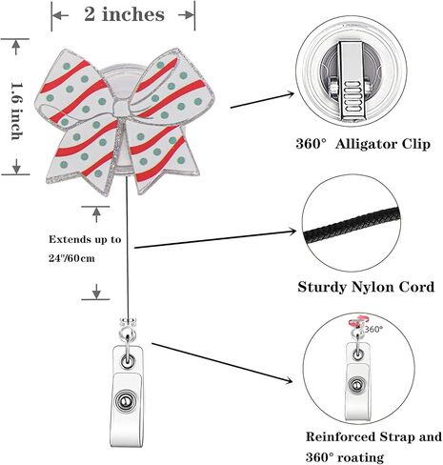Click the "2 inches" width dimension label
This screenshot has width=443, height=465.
[x=124, y=14]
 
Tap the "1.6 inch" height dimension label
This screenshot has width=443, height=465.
[x=17, y=111]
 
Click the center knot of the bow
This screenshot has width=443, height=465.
[x=121, y=109]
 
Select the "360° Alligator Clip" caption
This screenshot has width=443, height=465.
[x=363, y=144]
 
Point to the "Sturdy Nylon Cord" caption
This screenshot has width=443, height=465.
[x=366, y=287]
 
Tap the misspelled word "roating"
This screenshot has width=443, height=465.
[x=360, y=457]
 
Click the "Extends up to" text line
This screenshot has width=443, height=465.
[x=85, y=239]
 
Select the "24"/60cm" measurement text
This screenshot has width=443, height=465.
[x=71, y=258]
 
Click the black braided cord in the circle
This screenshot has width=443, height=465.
[x=351, y=226]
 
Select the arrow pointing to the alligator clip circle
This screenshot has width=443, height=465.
[x=262, y=100]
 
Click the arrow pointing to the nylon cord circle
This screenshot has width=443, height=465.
[x=215, y=239]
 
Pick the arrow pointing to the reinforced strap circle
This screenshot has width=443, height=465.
[x=222, y=363]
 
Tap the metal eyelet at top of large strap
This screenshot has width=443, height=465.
[x=128, y=362]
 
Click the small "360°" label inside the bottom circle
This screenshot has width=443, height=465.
[x=373, y=329]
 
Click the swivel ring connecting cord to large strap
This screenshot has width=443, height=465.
[x=128, y=334]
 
